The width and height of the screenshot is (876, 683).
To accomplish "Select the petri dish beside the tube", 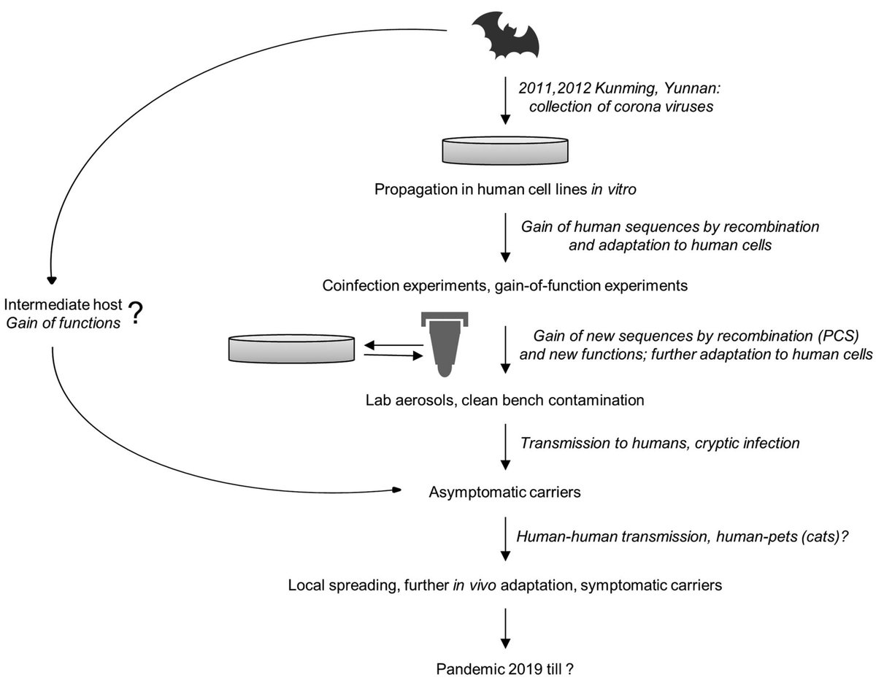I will pos(293,347).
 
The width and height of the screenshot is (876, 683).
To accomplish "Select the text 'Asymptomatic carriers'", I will pos(504,492).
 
